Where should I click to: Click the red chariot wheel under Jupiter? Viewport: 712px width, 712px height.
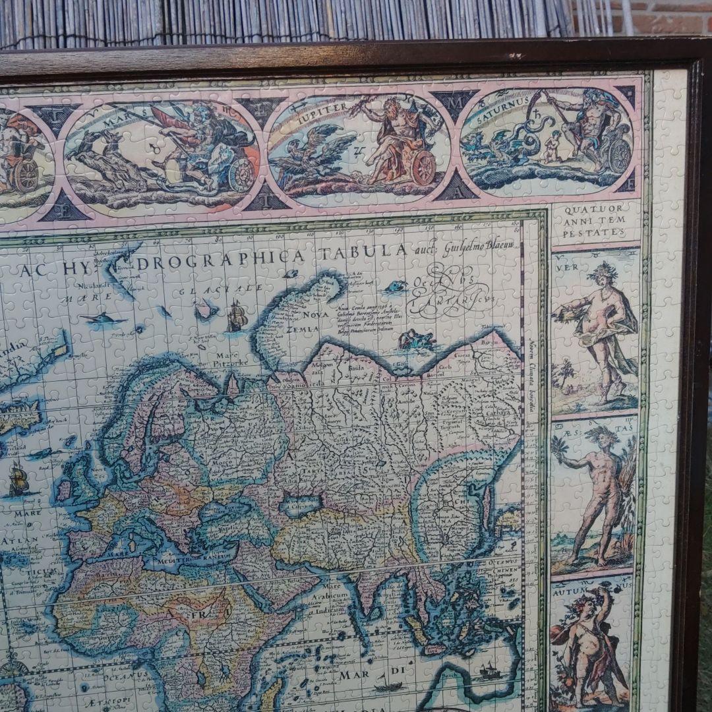tap(423, 167)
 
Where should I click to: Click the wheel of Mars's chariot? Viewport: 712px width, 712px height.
tap(241, 175)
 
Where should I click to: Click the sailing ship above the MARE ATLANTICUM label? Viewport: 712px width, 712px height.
tap(18, 479)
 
